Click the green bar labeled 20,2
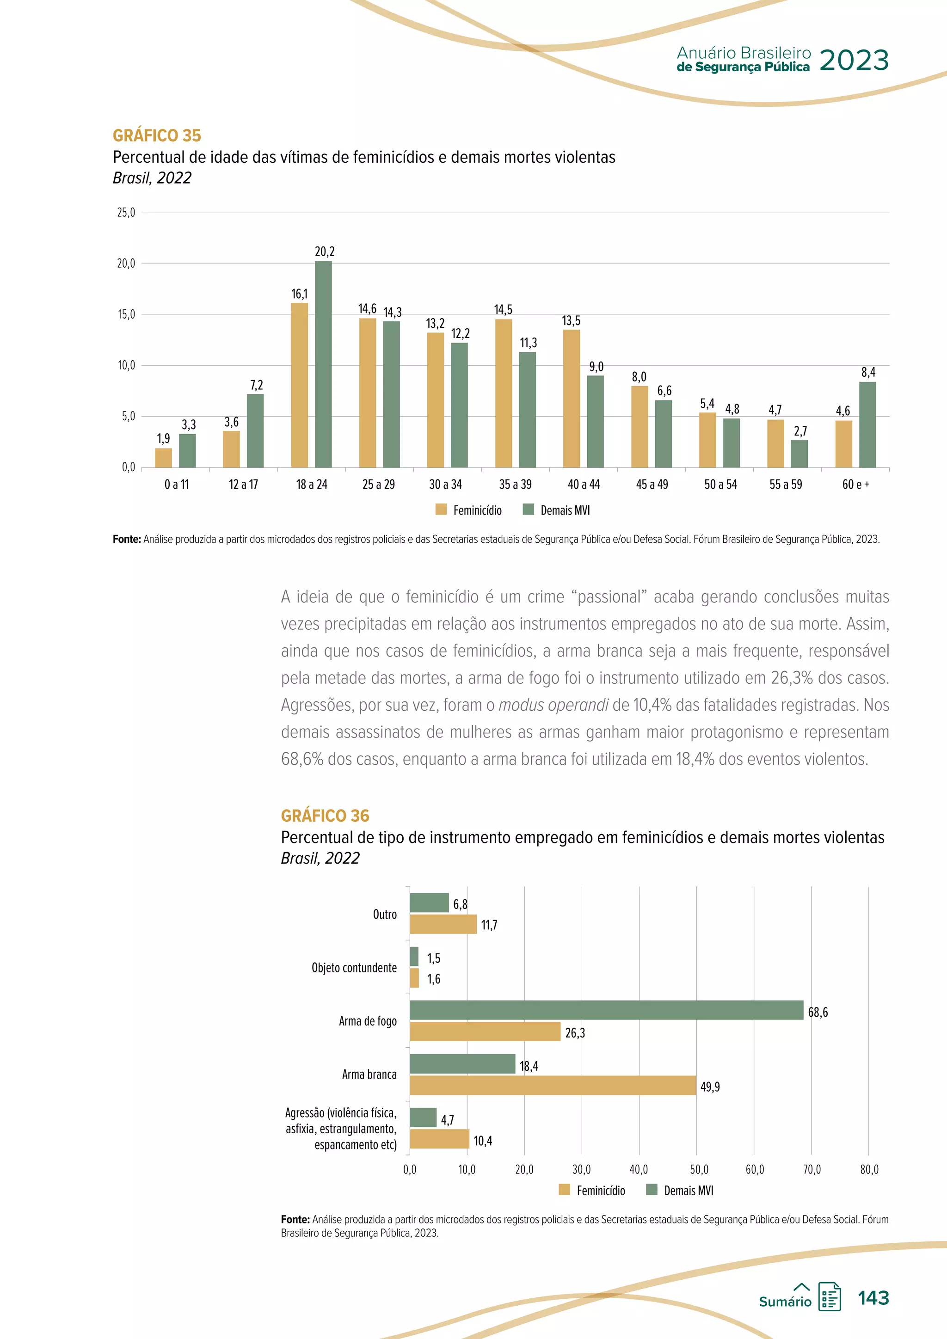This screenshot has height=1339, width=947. (323, 364)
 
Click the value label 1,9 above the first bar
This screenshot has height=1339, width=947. (163, 439)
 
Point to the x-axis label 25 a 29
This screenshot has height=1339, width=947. (378, 485)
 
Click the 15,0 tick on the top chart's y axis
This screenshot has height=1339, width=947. (126, 315)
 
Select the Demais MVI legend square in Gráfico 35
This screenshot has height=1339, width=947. (529, 510)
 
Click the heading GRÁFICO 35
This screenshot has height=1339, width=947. (157, 135)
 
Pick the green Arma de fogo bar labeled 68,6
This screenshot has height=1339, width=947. (607, 1010)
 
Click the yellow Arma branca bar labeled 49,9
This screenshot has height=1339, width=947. (553, 1085)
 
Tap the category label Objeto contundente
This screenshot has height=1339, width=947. (354, 968)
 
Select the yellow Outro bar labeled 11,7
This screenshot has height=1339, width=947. (443, 924)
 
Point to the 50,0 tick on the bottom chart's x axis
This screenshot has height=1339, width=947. (699, 1170)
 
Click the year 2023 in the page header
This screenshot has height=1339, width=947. (854, 60)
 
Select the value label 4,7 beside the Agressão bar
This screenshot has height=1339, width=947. (447, 1120)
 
